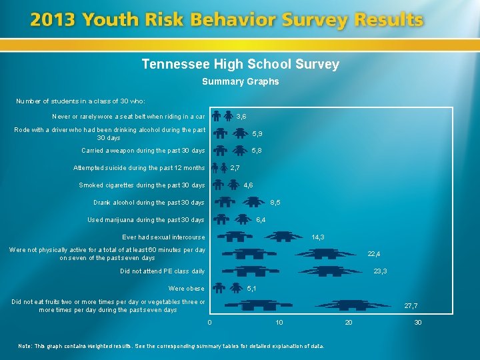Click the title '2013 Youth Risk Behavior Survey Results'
point(227,20)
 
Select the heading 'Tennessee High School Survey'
point(240,65)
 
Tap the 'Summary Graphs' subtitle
point(240,82)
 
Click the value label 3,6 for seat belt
point(241,116)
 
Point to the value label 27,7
point(411,306)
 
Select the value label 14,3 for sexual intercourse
point(318,237)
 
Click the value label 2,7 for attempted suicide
point(235,168)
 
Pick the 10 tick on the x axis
point(279,323)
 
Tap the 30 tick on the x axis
point(417,323)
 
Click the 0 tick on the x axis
point(209,323)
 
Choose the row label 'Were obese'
point(187,289)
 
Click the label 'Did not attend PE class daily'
point(162,271)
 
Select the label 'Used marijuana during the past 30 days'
point(146,220)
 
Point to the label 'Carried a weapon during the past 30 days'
point(143,151)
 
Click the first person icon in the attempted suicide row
point(215,167)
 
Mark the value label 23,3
point(380,271)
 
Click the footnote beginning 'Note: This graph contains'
point(171,346)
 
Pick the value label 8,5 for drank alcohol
point(275,203)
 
